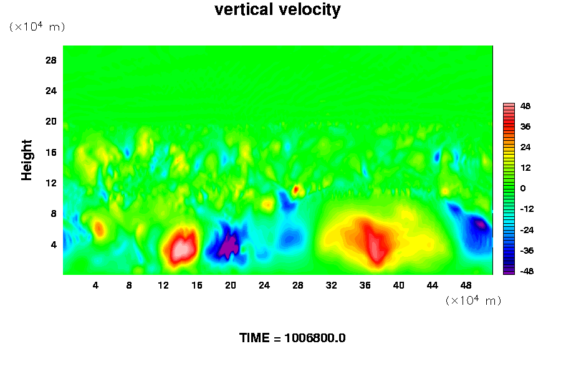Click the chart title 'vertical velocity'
[x=277, y=10]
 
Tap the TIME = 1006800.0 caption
[x=292, y=338]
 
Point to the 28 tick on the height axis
[x=51, y=60]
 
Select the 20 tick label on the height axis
[x=51, y=121]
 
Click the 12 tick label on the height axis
[x=51, y=183]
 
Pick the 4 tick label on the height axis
[x=54, y=244]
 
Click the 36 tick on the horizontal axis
[x=365, y=285]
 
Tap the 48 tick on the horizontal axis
[x=466, y=285]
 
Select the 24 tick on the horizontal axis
[x=264, y=285]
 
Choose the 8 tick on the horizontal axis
[x=129, y=285]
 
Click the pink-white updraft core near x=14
[x=181, y=248]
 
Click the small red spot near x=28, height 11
[x=296, y=188]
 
